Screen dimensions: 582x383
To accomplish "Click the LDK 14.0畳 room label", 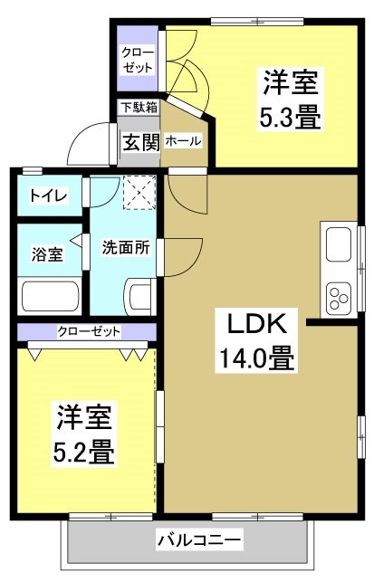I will pos(254,339).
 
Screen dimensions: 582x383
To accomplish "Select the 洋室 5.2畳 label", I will pos(86,434).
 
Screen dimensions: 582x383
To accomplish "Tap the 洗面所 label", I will pos(125,246).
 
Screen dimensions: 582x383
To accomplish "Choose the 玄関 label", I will pos(140,142).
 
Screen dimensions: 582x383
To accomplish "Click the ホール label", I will pos(184,142).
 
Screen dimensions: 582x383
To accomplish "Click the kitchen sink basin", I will pos(338,244).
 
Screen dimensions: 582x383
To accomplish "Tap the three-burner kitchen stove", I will pos(340,297).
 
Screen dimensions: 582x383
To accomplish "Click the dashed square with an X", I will pos(140,191).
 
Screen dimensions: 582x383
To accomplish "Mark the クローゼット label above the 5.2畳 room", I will pos(88,332).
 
